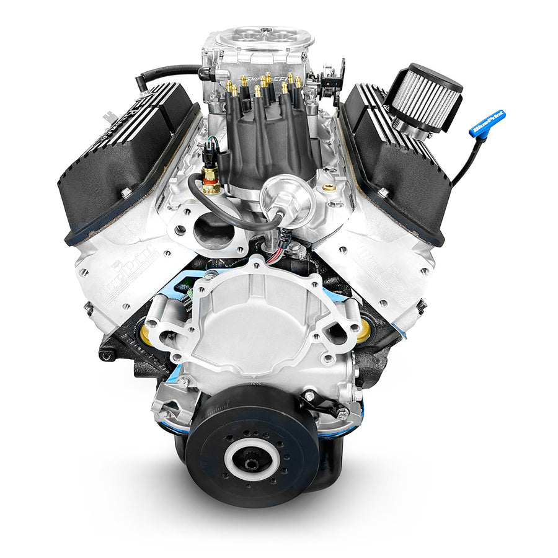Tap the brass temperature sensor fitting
[210, 180]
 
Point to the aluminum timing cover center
[260, 322]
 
